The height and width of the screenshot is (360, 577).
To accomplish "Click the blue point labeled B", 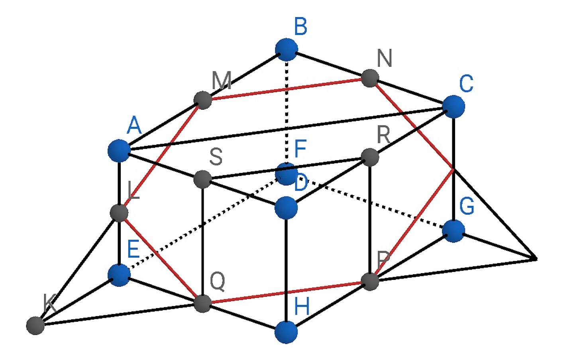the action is click(287, 49).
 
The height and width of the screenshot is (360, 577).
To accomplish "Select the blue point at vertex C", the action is click(453, 106).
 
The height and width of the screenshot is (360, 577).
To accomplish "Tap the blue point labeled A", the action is click(119, 151).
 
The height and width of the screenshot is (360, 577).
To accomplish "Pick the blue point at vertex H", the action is click(286, 332).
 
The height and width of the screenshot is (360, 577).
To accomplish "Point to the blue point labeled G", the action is click(453, 231).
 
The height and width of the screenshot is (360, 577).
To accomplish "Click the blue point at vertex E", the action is click(119, 275).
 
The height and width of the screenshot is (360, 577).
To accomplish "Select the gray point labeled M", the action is click(203, 100).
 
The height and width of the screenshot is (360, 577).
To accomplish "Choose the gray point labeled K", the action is click(35, 326).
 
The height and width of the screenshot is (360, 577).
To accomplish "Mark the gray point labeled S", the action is click(203, 179).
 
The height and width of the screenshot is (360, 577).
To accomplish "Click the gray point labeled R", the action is click(370, 157).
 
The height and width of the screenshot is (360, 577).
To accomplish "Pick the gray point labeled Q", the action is click(202, 303).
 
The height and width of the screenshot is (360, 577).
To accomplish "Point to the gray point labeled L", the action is click(119, 213).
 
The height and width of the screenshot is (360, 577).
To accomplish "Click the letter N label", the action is click(384, 58).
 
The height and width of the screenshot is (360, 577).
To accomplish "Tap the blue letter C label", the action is click(466, 83).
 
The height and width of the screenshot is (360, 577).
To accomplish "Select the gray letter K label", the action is click(50, 303).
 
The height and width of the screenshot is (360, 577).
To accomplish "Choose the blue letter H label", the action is click(302, 307).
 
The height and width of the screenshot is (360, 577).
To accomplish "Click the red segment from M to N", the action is click(287, 89).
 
